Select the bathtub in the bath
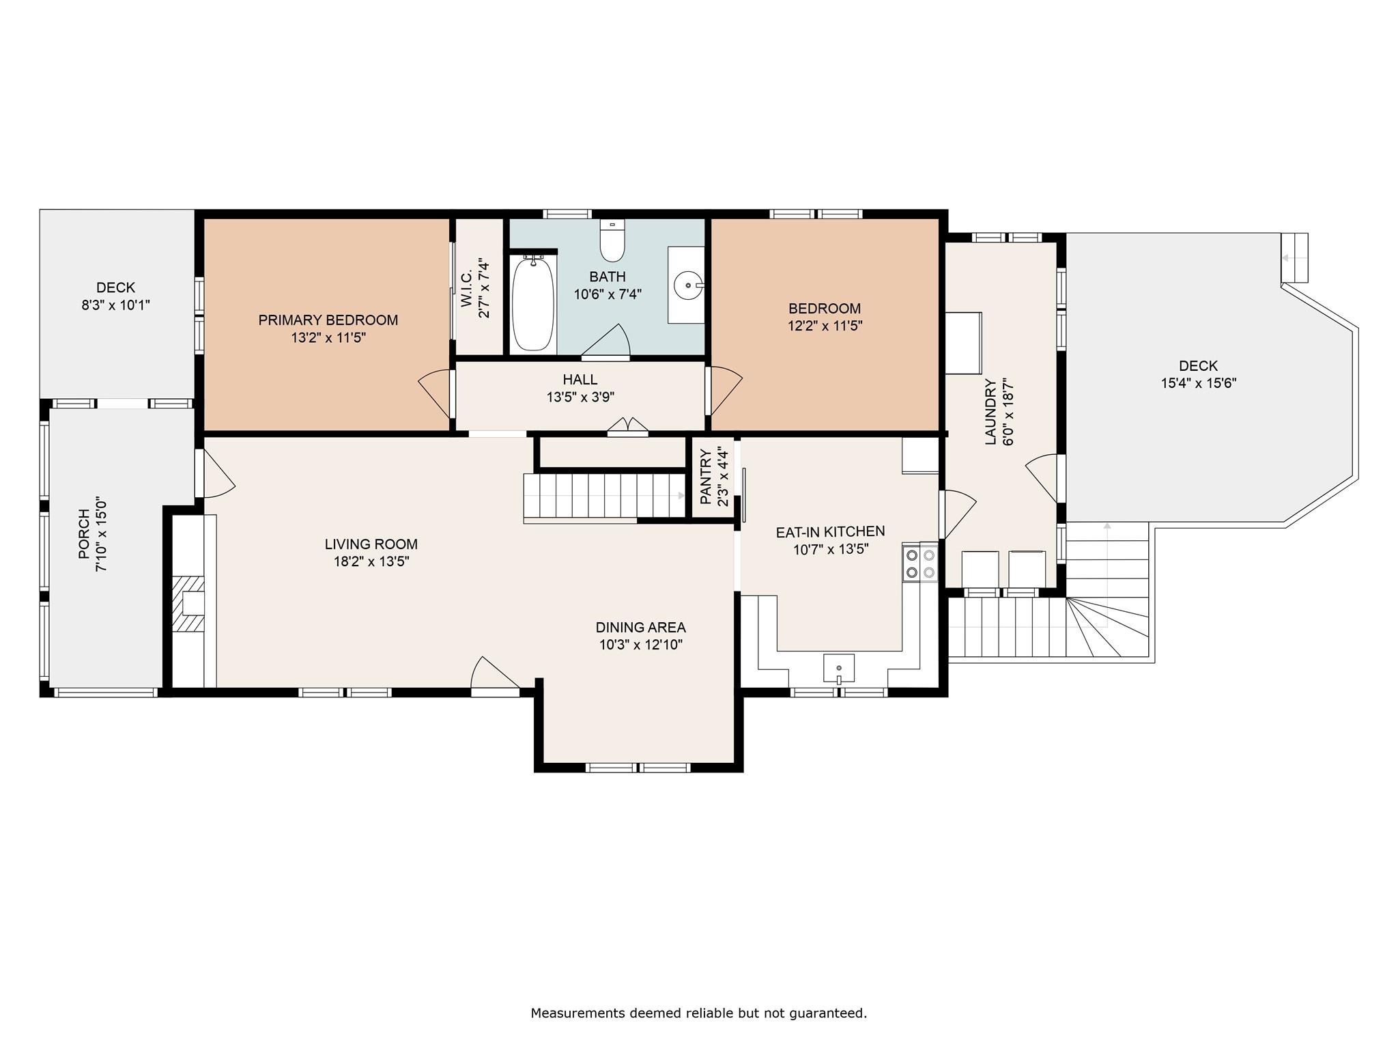tap(532, 304)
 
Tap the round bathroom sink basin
tap(688, 284)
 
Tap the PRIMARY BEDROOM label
tap(328, 320)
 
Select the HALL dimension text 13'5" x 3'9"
tap(580, 397)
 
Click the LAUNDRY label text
tap(990, 412)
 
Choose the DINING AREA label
tap(640, 627)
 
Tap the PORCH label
tap(84, 534)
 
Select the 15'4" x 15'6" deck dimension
tap(1199, 383)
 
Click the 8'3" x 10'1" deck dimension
tap(115, 305)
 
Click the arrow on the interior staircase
tap(681, 496)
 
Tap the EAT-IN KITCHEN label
tap(830, 531)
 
